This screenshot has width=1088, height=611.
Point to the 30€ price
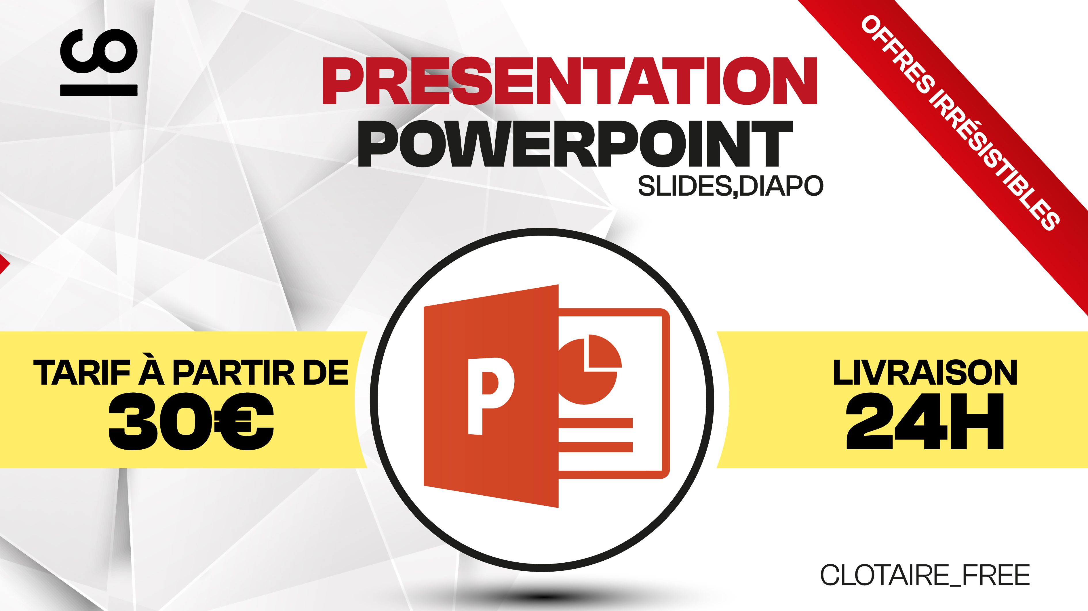[x=191, y=421]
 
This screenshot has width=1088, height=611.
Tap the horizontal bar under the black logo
[x=99, y=90]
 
